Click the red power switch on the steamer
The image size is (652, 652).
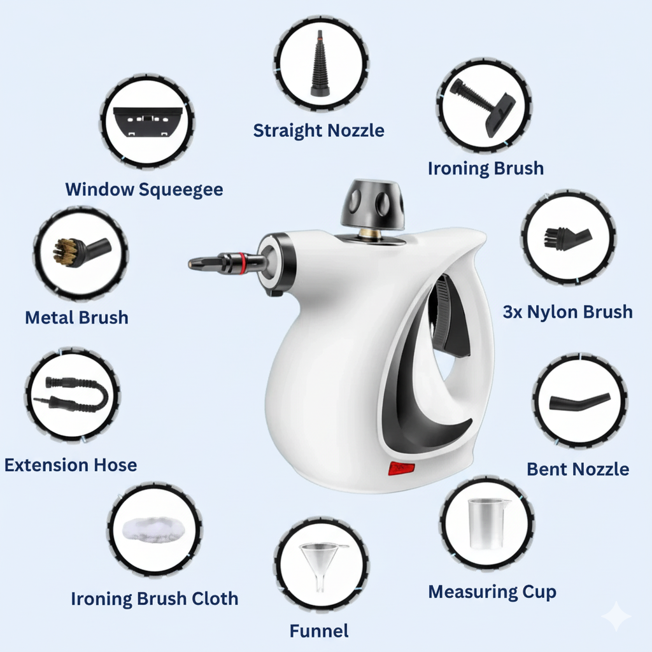click(x=402, y=469)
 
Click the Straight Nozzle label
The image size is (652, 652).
click(x=318, y=131)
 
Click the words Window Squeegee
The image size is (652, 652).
click(x=144, y=189)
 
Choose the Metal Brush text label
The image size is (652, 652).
click(x=76, y=317)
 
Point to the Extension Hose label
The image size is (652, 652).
click(x=70, y=465)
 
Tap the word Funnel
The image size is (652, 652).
click(x=318, y=631)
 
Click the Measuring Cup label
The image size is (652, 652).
click(x=492, y=592)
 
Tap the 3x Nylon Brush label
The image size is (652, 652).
click(x=567, y=311)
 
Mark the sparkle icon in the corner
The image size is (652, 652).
click(x=617, y=616)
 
